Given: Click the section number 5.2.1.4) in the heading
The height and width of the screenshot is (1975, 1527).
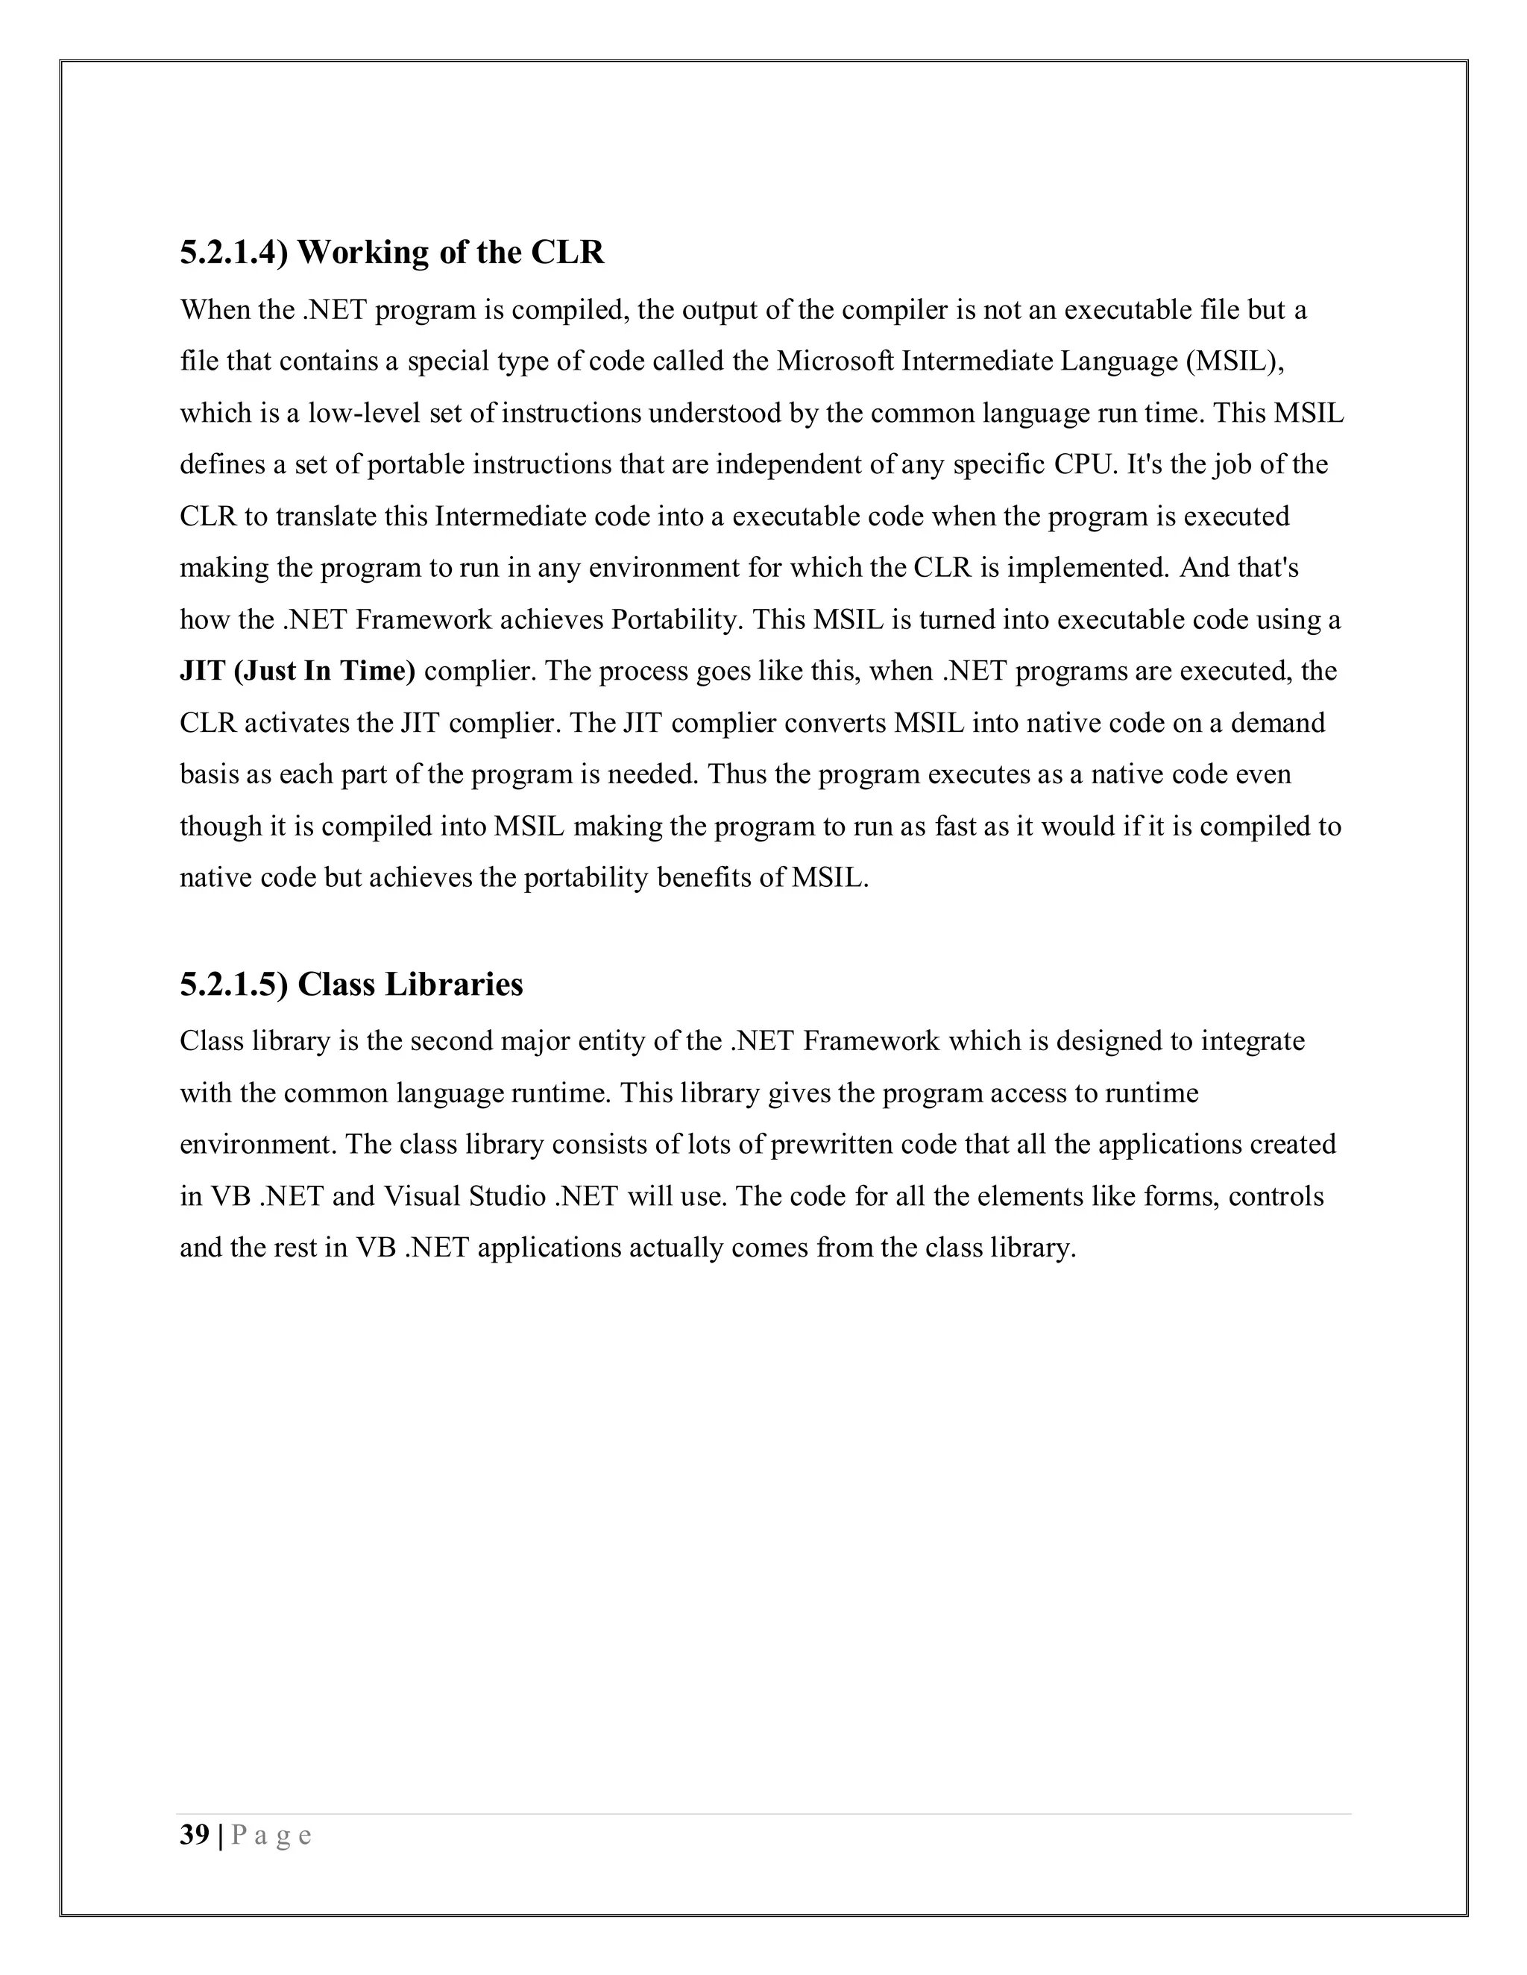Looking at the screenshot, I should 233,253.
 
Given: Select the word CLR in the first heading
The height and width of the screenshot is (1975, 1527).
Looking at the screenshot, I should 567,253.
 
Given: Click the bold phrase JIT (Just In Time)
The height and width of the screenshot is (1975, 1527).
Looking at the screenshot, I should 297,672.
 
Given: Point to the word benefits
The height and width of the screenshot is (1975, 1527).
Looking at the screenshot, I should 720,878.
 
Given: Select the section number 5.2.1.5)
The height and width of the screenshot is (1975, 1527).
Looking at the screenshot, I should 233,984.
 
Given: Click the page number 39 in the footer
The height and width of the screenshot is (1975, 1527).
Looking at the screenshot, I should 195,1835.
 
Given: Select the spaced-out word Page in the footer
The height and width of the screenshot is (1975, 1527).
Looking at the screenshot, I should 272,1835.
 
